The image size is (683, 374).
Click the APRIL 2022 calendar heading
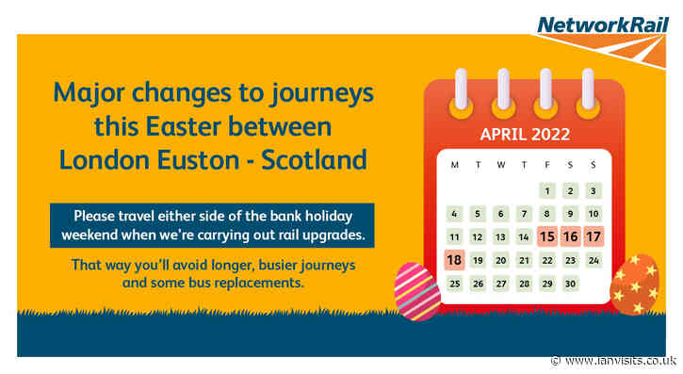(525, 134)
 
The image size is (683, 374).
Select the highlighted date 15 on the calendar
(547, 236)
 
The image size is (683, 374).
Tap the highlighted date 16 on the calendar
(570, 236)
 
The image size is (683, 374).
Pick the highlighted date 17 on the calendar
(593, 236)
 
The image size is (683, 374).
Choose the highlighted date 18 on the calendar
(455, 260)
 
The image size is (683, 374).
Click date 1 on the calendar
(547, 191)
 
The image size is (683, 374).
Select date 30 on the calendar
(570, 283)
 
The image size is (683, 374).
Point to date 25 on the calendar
(455, 283)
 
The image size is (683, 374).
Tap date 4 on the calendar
(455, 214)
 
